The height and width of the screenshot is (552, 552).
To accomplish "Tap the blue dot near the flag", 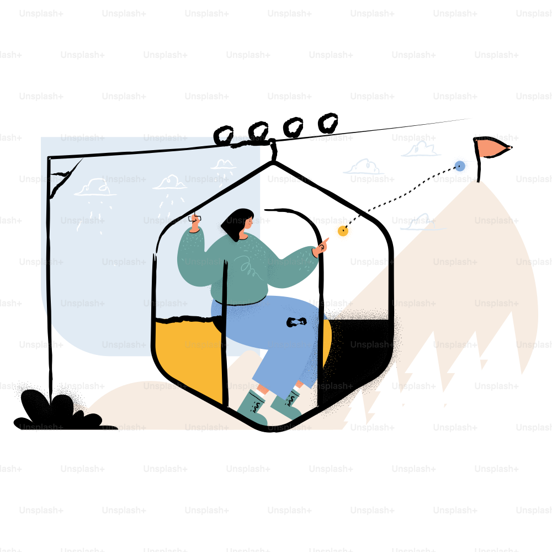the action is point(460,166).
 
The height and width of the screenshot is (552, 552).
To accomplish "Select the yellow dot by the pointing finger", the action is point(343,231).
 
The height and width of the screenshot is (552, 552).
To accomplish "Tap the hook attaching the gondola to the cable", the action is point(273,150).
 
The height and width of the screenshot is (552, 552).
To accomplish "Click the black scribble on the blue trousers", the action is point(296,322).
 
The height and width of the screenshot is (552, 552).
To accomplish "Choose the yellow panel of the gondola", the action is point(188,355).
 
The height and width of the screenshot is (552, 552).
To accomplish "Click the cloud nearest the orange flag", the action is point(421,148).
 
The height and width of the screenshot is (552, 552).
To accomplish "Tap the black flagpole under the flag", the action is point(477,160).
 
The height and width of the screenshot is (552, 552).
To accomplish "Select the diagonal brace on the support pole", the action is point(66,178).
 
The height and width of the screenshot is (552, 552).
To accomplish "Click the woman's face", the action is point(248,222).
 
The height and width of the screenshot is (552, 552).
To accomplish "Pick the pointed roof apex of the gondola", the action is point(273,162).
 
